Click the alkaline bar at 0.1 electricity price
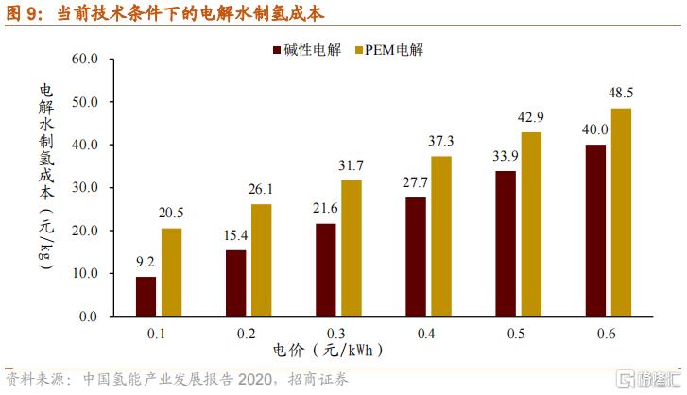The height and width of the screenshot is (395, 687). pyautogui.click(x=146, y=296)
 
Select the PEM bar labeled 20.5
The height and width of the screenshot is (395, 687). pyautogui.click(x=171, y=272)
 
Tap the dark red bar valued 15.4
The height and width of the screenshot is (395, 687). pyautogui.click(x=235, y=283)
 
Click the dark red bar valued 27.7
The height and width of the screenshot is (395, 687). pyautogui.click(x=416, y=256)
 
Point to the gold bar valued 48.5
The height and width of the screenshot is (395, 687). pyautogui.click(x=622, y=212)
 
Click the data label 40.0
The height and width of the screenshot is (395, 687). pyautogui.click(x=594, y=129)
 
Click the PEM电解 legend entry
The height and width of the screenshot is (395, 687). pyautogui.click(x=387, y=49)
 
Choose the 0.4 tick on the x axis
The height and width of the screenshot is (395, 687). pyautogui.click(x=427, y=333)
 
